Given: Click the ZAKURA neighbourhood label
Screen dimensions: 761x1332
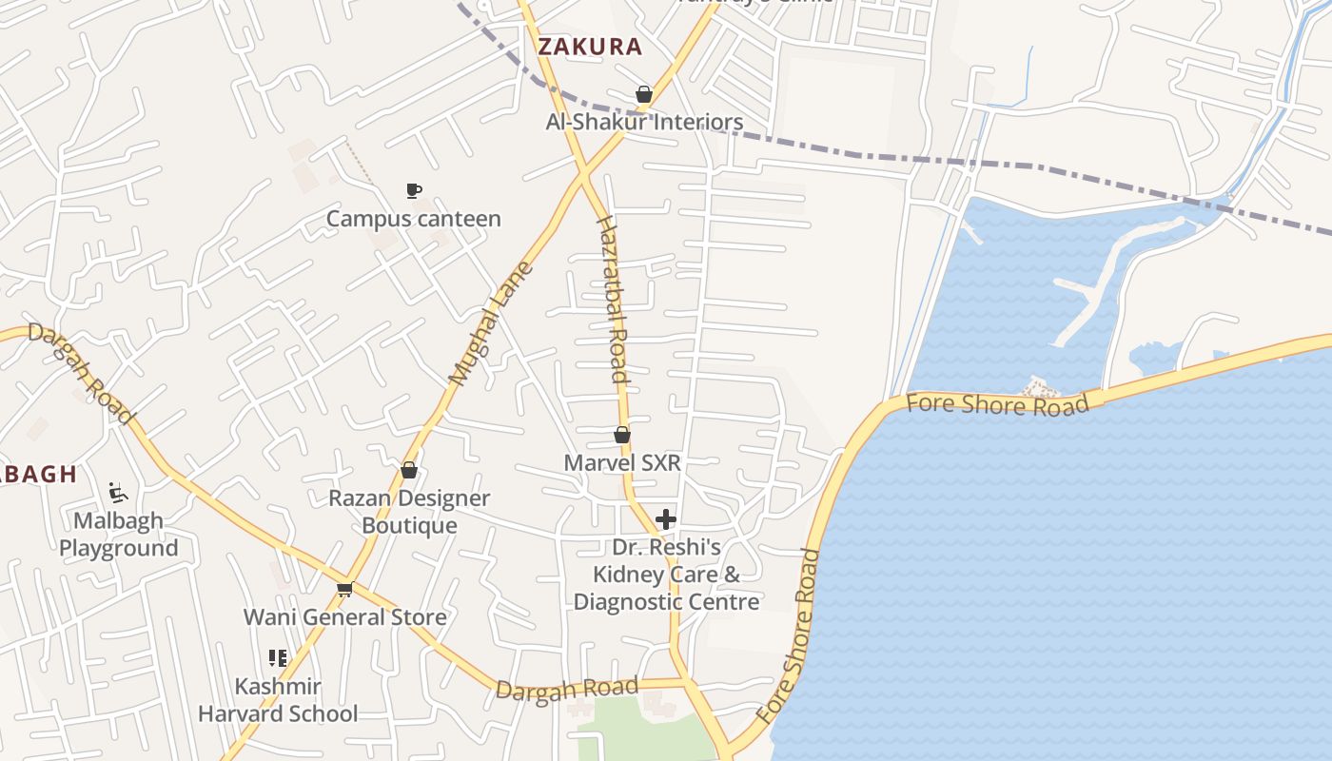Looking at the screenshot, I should (x=590, y=47).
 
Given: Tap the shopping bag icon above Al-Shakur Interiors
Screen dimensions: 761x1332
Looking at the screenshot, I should (x=644, y=94).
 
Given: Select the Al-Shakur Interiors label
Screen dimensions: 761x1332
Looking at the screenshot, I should (x=644, y=122).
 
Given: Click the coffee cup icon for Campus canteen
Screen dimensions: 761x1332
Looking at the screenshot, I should (x=413, y=191).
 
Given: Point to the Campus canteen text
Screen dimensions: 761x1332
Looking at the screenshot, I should (x=413, y=219).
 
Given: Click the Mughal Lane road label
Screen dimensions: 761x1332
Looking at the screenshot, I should (x=491, y=323).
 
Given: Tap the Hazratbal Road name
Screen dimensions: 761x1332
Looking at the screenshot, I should (x=613, y=299).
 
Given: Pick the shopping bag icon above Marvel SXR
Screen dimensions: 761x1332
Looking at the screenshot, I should (x=622, y=435).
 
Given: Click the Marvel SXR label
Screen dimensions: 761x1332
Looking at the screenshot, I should (x=622, y=463).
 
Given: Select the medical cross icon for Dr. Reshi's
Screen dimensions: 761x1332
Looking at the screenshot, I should (x=666, y=519).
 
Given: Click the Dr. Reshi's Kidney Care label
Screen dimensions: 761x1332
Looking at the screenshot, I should (x=666, y=575).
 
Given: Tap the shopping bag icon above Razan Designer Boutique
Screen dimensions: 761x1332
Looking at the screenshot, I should (x=409, y=470).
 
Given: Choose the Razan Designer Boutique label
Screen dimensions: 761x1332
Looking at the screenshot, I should (x=409, y=512).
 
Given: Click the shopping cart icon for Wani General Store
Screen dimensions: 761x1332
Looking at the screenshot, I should (x=345, y=590).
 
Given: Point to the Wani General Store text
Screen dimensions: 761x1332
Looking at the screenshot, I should (x=345, y=617).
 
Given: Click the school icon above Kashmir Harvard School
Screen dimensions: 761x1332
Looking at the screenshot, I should (x=278, y=658).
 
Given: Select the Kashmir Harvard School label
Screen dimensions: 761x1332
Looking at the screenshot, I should (x=278, y=700).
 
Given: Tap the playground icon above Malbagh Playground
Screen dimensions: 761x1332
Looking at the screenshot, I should (x=118, y=493).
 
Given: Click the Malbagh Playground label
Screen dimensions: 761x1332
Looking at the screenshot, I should (x=118, y=535).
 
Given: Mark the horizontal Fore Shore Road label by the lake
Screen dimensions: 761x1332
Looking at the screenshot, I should (x=997, y=404).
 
